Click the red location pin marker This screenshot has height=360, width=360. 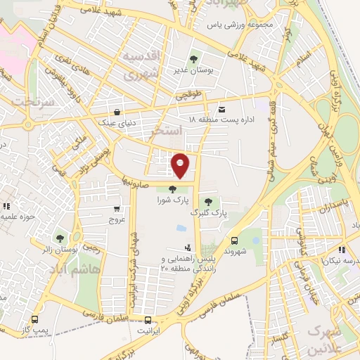pyautogui.click(x=181, y=165)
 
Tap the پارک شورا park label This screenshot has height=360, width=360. pyautogui.click(x=172, y=200)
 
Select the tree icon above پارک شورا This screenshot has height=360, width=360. pyautogui.click(x=173, y=188)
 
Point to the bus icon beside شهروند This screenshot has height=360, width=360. pyautogui.click(x=234, y=240)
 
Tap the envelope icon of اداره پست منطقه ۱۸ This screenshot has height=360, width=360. pyautogui.click(x=222, y=109)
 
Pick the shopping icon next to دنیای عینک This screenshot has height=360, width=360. pyautogui.click(x=116, y=111)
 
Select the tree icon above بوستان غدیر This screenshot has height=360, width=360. pyautogui.click(x=193, y=58)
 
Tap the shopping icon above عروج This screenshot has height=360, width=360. pyautogui.click(x=117, y=208)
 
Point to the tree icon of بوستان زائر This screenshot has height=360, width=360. pyautogui.click(x=60, y=238)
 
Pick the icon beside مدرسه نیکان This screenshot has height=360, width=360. pyautogui.click(x=340, y=249)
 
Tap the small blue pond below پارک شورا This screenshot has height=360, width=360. pyautogui.click(x=181, y=228)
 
